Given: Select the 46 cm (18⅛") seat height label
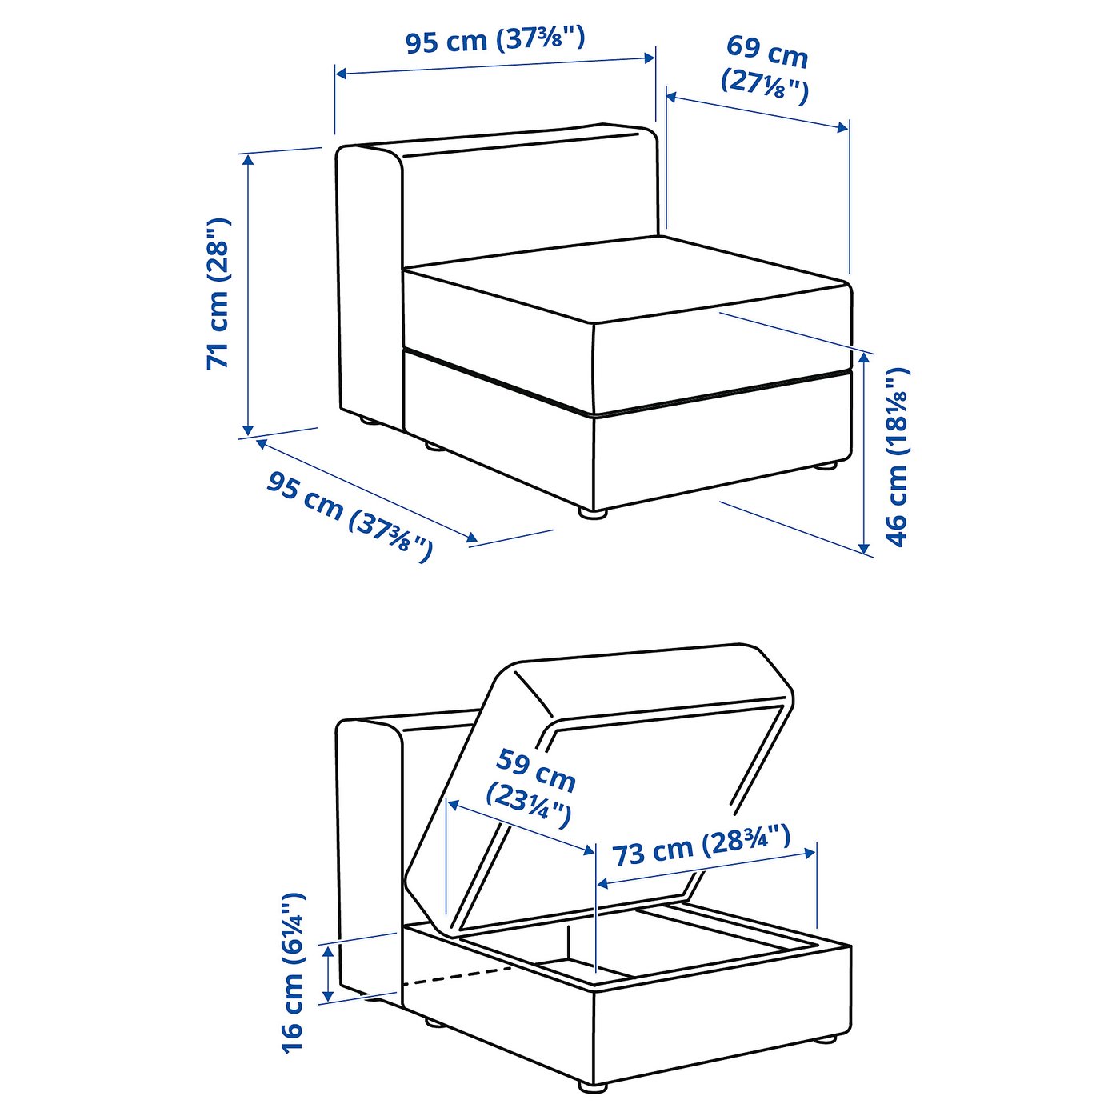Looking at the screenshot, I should (x=898, y=456).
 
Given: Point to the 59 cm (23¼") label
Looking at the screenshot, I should (x=532, y=787).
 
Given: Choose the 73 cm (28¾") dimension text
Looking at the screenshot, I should (x=702, y=846).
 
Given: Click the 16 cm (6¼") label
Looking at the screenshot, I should (x=293, y=972).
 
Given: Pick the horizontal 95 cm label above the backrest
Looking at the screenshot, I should (x=494, y=40).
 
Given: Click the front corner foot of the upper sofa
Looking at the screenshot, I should (x=592, y=514).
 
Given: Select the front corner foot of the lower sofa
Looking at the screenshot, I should (x=592, y=1086).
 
